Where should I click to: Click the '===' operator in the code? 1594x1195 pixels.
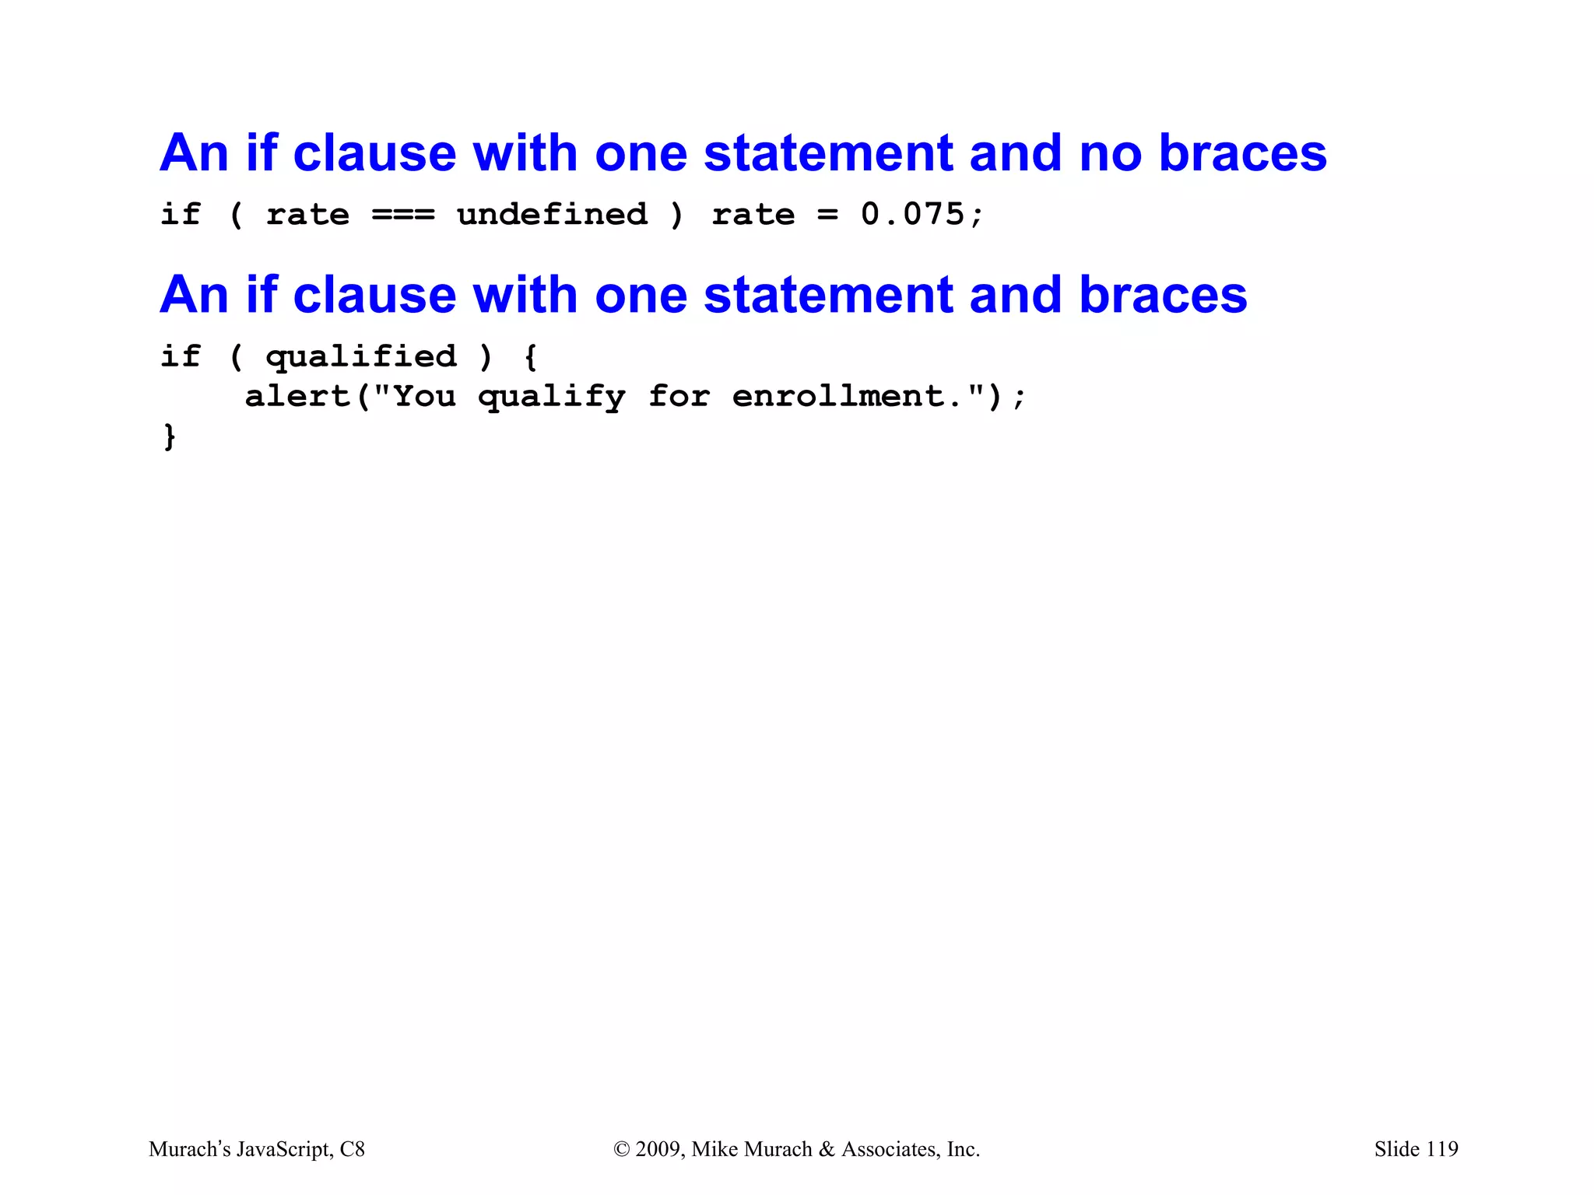click(x=402, y=215)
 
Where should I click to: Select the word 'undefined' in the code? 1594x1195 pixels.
click(x=552, y=215)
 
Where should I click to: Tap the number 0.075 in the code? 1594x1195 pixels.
click(x=912, y=215)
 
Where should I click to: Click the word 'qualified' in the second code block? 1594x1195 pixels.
click(x=361, y=357)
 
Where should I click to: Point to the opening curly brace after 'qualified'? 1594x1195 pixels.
click(x=530, y=357)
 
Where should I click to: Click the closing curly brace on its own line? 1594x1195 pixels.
click(x=170, y=436)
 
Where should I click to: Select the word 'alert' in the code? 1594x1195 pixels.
click(x=298, y=397)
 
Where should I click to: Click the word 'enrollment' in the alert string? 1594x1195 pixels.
click(x=838, y=397)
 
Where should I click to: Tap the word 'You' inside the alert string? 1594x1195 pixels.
click(x=424, y=397)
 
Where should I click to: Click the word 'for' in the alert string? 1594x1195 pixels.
click(x=679, y=397)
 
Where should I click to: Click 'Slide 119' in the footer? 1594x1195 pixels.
click(x=1416, y=1149)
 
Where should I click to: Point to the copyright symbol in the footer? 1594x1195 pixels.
click(x=621, y=1149)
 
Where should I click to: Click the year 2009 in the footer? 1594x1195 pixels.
click(x=658, y=1149)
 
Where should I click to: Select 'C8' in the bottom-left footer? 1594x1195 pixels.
click(x=353, y=1149)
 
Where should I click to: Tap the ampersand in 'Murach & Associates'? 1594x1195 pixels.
click(x=827, y=1149)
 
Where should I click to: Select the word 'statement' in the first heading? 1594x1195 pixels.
click(x=828, y=153)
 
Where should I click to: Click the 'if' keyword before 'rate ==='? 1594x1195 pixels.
click(x=180, y=215)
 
